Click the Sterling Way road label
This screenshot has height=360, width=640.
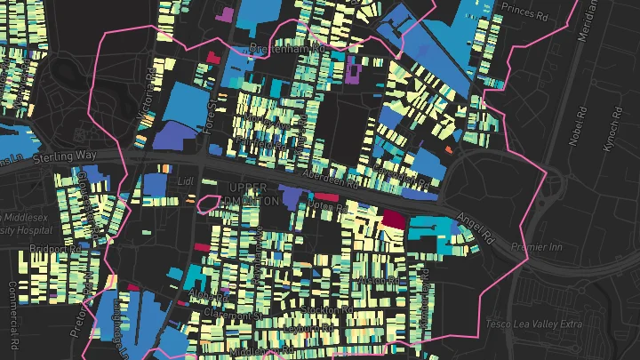pyautogui.click(x=66, y=156)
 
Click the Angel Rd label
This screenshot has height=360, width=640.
pyautogui.click(x=476, y=228)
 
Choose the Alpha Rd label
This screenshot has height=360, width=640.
pyautogui.click(x=199, y=296)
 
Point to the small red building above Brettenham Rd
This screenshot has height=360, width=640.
pyautogui.click(x=212, y=55)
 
